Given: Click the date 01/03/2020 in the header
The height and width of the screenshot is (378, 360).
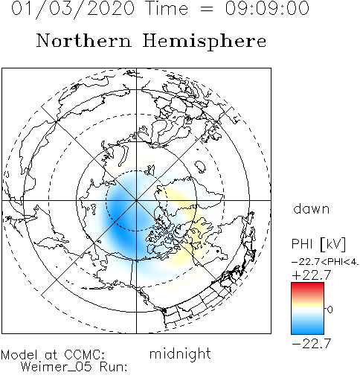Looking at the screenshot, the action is (73, 9).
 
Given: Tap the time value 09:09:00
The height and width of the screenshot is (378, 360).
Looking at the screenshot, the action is (267, 8).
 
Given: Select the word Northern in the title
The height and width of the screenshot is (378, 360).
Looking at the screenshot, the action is (84, 40).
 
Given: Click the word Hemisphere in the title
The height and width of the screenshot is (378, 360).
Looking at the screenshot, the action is (205, 41).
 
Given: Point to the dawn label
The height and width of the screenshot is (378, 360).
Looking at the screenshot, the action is (312, 208).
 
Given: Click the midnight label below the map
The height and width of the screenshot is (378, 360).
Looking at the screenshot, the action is (180, 353).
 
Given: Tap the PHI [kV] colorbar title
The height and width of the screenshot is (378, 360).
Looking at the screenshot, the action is (318, 244).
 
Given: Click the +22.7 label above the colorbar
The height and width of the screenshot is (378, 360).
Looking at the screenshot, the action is (312, 275).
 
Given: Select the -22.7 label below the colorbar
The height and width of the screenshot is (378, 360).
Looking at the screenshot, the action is (312, 344).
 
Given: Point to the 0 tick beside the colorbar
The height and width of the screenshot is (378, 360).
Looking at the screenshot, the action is (330, 310).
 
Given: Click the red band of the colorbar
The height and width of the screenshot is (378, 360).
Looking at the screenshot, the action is (307, 288).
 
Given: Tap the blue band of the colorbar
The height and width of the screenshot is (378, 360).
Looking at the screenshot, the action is (307, 327).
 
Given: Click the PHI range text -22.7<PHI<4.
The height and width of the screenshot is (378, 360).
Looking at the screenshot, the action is (325, 262).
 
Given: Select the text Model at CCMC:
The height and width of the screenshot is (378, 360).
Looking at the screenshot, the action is (53, 355).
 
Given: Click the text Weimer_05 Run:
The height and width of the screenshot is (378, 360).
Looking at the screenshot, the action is (74, 366).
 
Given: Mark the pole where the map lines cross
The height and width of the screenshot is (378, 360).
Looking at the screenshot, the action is (136, 200).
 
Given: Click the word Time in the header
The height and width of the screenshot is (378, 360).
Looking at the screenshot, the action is (167, 8).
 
